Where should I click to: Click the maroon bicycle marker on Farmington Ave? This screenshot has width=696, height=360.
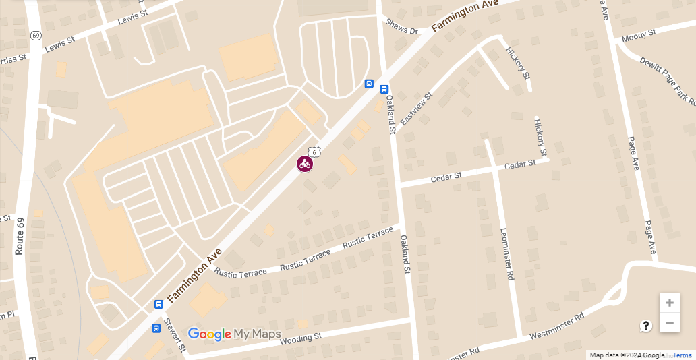(x=305, y=164)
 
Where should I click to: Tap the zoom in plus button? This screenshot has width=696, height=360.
(x=669, y=303)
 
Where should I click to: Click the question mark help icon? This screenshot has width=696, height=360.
(x=646, y=326)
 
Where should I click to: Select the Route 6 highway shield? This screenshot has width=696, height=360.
(x=314, y=152)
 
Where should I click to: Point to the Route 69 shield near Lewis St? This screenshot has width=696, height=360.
(x=36, y=35)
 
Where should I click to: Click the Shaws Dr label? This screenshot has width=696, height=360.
(x=402, y=26)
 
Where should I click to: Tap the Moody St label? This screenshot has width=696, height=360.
(x=639, y=35)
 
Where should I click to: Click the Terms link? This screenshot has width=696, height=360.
(x=683, y=355)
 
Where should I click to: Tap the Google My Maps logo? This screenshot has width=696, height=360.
(x=234, y=334)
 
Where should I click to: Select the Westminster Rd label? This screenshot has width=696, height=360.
(x=556, y=326)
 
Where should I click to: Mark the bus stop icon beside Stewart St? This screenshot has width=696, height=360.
(x=156, y=328)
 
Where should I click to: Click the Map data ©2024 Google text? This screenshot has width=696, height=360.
(x=627, y=355)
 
